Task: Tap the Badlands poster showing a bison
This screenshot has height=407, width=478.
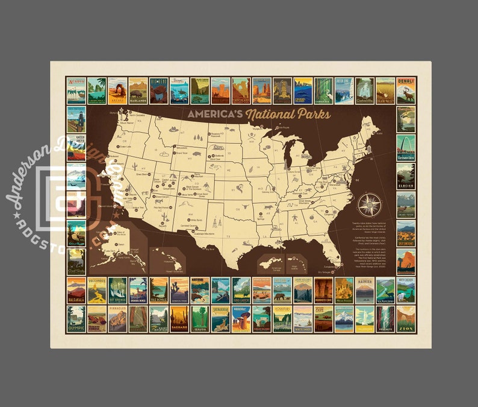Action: (137, 90)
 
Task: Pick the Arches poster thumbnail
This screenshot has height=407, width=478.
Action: (117, 90)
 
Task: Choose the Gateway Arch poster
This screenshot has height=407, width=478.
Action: (405, 147)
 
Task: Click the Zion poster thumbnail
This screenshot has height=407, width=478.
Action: (405, 319)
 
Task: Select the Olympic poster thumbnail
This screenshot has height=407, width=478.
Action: (76, 319)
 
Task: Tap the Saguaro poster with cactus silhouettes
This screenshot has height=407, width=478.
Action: (179, 319)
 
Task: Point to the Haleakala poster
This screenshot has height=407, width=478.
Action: (76, 290)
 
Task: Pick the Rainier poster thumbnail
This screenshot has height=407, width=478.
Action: (364, 290)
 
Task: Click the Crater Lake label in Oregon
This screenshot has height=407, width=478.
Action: (126, 147)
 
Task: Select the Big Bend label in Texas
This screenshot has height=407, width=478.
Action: (211, 248)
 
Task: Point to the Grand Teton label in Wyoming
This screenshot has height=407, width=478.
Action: (181, 153)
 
